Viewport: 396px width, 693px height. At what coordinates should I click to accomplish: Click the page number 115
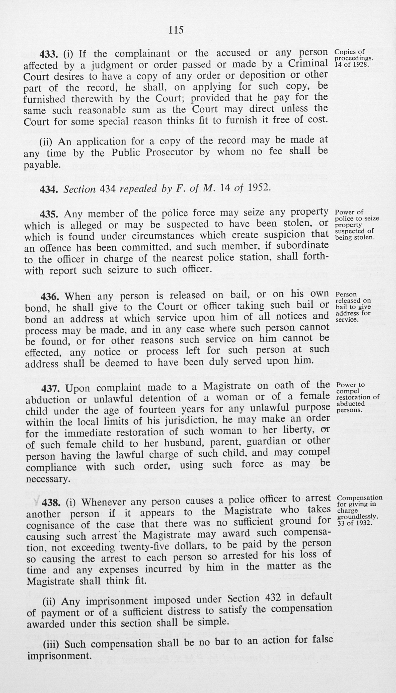[x=176, y=30]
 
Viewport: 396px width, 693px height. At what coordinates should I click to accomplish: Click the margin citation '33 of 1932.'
[x=354, y=523]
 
